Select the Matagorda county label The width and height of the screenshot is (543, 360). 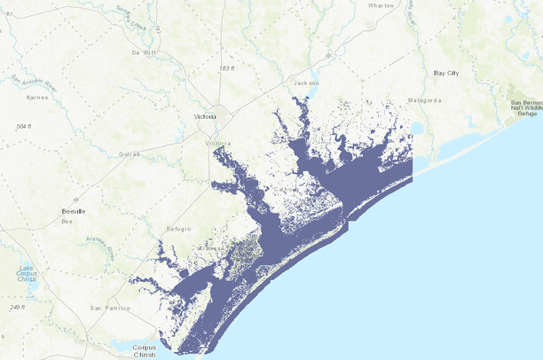point(424,100)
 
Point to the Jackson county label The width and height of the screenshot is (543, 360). point(306,83)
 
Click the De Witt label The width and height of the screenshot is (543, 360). point(143,53)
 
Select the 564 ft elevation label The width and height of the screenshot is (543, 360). point(24,127)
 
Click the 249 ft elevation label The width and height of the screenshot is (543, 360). point(17,307)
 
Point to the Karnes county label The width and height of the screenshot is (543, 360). point(36,97)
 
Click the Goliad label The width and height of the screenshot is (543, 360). point(130,153)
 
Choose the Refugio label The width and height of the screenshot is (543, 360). point(177,229)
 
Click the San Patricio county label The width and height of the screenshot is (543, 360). point(110,308)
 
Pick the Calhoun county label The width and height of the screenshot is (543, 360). point(285,189)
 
